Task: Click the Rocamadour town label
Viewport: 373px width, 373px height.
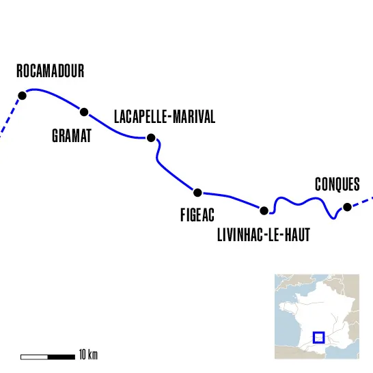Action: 50,71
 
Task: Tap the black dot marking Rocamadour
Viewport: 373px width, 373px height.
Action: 22,96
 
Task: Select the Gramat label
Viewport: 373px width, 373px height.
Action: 72,136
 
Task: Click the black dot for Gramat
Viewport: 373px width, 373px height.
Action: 85,112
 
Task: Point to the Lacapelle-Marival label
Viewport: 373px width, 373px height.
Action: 165,118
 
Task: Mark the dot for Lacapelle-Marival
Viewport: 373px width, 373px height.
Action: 151,137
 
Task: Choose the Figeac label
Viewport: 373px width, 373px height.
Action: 197,216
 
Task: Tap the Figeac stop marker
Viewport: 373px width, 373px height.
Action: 197,193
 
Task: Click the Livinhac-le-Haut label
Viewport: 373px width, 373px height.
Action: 264,236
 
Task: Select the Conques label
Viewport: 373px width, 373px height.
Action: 337,184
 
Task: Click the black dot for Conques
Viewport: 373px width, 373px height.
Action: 347,207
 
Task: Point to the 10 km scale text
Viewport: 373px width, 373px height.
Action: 88,355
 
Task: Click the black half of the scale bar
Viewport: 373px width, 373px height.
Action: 61,356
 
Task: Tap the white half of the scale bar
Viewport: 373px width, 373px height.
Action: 34,356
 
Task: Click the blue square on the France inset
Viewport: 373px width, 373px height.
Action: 318,337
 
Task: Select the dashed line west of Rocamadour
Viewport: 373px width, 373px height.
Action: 10,118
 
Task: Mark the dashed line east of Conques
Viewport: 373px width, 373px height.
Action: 363,202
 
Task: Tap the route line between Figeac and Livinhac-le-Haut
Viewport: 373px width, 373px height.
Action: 231,197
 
